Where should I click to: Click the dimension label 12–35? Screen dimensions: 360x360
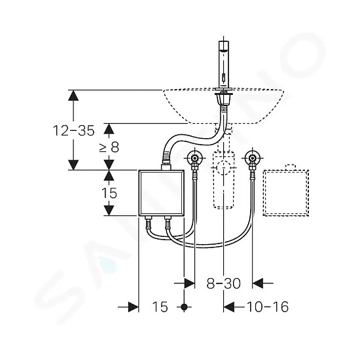click(74, 130)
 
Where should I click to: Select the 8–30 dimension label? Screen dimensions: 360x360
click(223, 283)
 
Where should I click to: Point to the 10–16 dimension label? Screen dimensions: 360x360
click(268, 306)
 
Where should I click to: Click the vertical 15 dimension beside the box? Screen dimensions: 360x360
click(109, 193)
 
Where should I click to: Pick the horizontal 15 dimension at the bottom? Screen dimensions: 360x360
click(160, 307)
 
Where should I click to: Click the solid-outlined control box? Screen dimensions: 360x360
click(162, 192)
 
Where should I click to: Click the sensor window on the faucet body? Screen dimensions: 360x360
click(224, 77)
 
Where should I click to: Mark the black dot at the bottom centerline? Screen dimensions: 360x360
click(184, 307)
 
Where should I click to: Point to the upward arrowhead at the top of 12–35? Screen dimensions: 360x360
click(73, 96)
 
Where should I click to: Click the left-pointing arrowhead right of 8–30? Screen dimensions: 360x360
click(258, 283)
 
